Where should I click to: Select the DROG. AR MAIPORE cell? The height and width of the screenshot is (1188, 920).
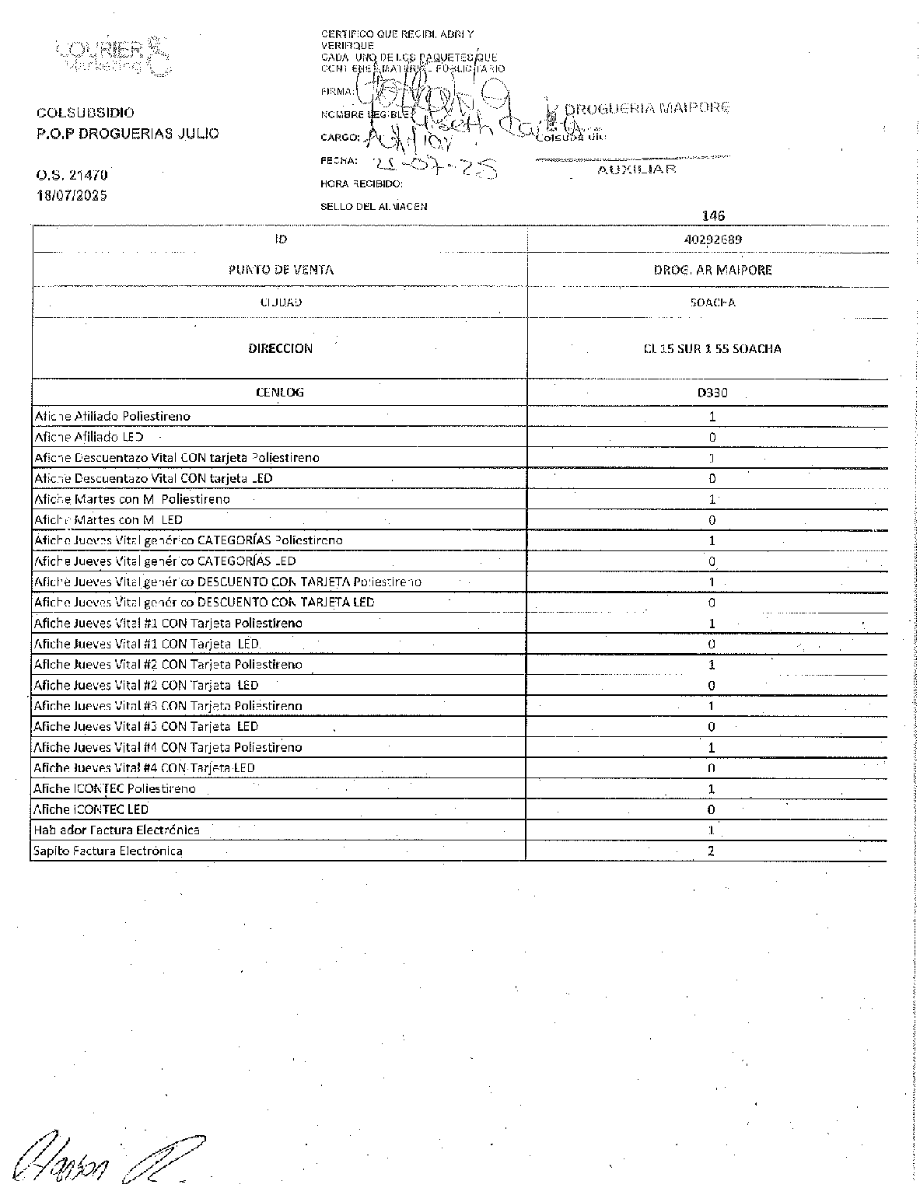point(712,270)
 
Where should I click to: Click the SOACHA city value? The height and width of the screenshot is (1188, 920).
point(712,302)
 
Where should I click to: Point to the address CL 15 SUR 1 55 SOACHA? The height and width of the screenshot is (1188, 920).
point(712,349)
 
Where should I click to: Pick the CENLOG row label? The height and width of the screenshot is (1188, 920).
point(280,393)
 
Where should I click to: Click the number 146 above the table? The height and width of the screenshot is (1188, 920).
point(712,216)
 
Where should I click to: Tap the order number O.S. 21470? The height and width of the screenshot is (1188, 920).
point(72,176)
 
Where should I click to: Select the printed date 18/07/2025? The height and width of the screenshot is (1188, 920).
point(72,195)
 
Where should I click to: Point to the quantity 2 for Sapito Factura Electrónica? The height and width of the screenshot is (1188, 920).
point(712,851)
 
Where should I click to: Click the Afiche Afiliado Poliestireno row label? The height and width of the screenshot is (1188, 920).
point(112,417)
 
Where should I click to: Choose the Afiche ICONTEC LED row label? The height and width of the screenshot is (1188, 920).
point(92,809)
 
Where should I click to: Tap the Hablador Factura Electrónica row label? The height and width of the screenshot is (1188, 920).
point(117,830)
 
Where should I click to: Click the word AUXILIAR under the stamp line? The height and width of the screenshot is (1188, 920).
point(636,169)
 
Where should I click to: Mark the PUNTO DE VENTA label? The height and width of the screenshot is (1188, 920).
point(281,270)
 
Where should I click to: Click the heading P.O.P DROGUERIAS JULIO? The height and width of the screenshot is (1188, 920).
point(128,134)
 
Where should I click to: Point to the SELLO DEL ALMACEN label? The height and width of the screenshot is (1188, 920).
point(373,207)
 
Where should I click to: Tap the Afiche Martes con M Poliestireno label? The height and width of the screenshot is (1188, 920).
point(132,499)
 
